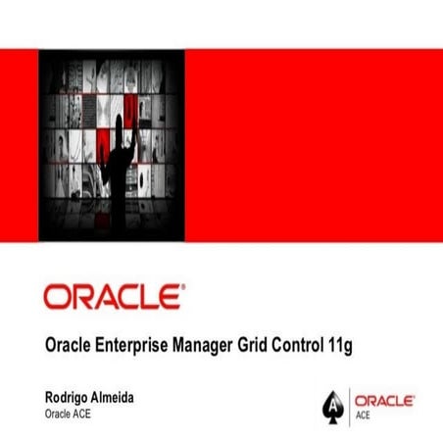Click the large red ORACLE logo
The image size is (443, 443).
tap(111, 296)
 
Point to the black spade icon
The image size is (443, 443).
tap(333, 403)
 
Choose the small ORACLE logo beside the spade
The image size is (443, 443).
tap(384, 400)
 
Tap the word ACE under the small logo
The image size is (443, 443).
tap(363, 414)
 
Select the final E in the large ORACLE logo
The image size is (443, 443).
tap(167, 296)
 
